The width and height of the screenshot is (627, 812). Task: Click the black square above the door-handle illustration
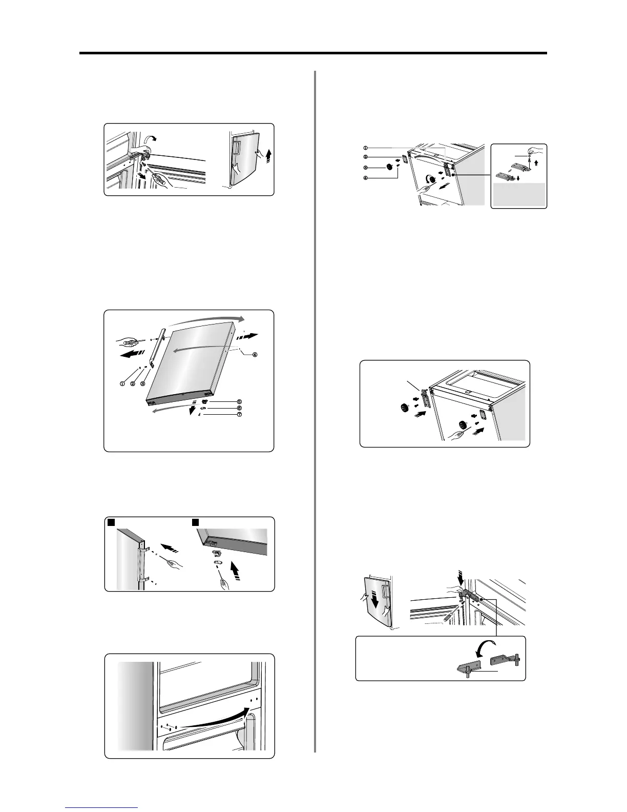[110, 522]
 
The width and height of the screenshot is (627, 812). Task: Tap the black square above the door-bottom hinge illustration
[195, 522]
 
